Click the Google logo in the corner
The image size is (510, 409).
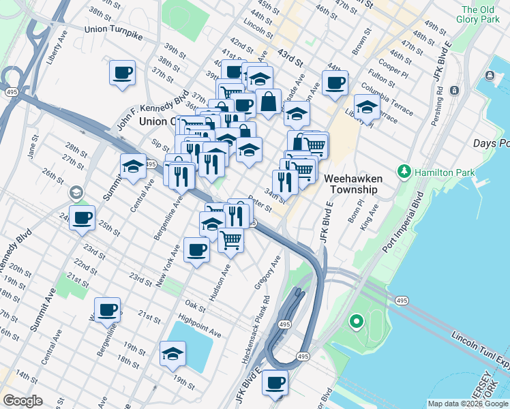pyautogui.click(x=22, y=400)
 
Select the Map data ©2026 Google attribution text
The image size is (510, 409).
pyautogui.click(x=468, y=404)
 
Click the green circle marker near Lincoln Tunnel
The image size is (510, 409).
pyautogui.click(x=355, y=320)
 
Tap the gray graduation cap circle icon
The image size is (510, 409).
pyautogui.click(x=76, y=194)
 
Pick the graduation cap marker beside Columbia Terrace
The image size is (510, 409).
pyautogui.click(x=367, y=108)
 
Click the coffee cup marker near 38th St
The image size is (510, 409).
pyautogui.click(x=122, y=74)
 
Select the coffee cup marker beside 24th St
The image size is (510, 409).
pyautogui.click(x=82, y=219)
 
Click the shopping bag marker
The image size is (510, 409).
pyautogui.click(x=269, y=103)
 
